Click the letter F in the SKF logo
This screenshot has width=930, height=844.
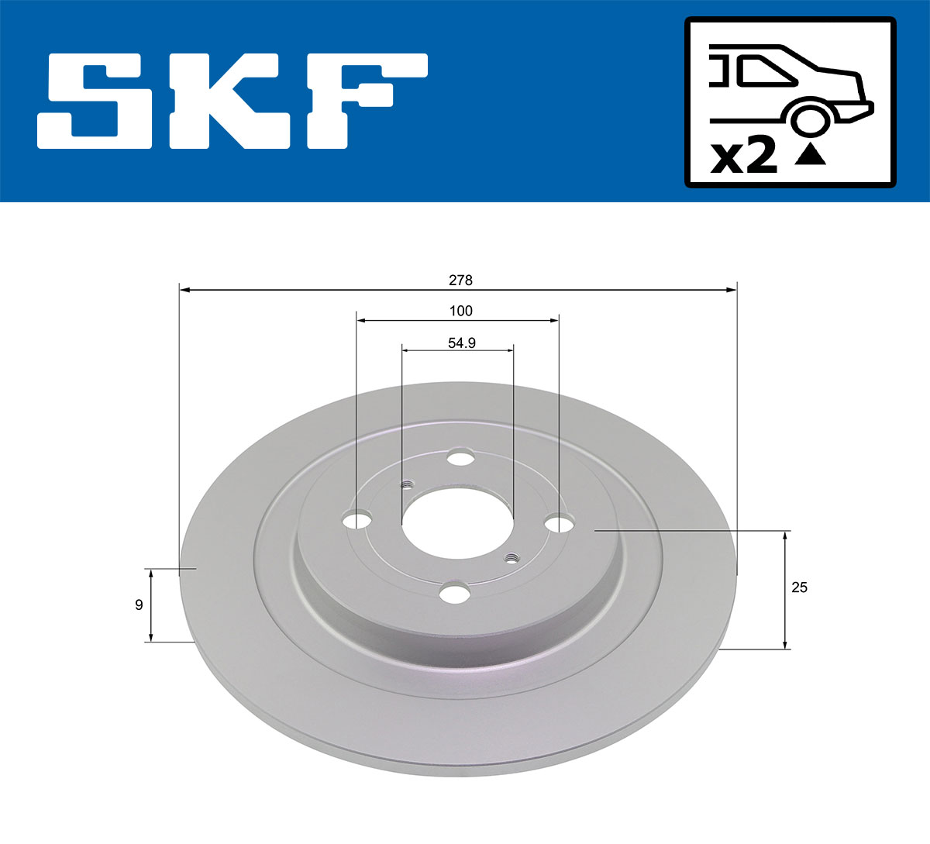(364, 101)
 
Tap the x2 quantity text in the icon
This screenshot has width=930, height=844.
(744, 157)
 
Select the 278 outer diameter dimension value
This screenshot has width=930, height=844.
(460, 280)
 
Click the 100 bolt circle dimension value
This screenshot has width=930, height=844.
(460, 311)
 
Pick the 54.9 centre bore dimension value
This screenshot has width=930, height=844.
(461, 343)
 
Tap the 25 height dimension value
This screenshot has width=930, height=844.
(799, 587)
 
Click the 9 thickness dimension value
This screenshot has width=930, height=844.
(139, 605)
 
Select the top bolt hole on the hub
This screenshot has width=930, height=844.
(462, 458)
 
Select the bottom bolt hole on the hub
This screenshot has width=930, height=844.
(454, 594)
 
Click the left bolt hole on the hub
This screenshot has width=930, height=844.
(357, 521)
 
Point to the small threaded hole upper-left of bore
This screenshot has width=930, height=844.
(407, 485)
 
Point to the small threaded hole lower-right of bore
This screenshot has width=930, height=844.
(511, 557)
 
